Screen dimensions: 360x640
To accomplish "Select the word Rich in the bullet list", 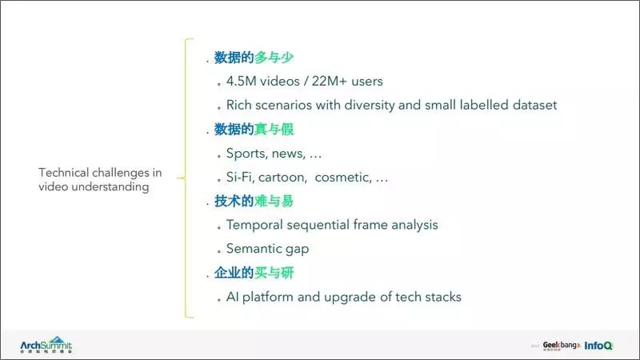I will (x=239, y=105).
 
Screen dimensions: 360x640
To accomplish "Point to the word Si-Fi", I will (x=242, y=177).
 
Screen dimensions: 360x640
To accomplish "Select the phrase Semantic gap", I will (x=267, y=249).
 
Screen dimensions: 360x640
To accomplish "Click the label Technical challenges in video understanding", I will (x=100, y=179).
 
